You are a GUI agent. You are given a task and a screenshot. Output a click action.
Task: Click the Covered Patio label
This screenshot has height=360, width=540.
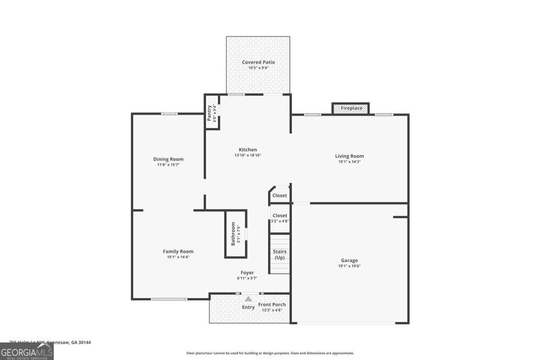click(x=258, y=62)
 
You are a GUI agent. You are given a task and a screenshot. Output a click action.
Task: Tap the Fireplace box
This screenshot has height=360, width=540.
click(x=351, y=108)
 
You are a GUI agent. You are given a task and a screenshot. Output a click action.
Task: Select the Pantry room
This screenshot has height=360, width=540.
click(x=212, y=113)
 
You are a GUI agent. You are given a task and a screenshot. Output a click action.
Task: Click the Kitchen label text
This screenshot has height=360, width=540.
click(x=247, y=150)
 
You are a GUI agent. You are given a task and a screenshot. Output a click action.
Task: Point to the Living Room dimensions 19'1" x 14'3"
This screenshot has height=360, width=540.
click(x=350, y=162)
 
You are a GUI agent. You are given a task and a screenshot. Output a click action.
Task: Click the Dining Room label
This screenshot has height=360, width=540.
click(x=168, y=159)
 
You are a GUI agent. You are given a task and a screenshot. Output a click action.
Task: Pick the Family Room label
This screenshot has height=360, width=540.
click(x=178, y=251)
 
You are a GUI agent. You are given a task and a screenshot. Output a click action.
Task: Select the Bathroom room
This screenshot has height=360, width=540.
click(x=236, y=234)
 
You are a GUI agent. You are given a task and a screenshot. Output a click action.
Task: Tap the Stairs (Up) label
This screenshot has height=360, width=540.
click(x=279, y=255)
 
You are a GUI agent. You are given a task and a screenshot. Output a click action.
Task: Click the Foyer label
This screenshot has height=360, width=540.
click(x=247, y=273)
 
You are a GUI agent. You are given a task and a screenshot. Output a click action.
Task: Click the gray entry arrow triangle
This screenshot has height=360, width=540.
click(x=248, y=299)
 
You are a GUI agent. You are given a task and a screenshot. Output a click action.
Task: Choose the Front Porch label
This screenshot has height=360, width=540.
click(x=272, y=305)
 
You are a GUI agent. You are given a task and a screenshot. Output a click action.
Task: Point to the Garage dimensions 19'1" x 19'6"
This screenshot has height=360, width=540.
click(x=349, y=266)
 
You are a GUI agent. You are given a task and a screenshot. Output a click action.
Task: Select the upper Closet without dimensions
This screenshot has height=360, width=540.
click(x=279, y=195)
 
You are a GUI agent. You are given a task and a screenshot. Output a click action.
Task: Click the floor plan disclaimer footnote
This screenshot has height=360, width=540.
click(x=270, y=353)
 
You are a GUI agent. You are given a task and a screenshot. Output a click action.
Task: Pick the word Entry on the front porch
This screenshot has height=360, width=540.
click(x=248, y=307)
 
